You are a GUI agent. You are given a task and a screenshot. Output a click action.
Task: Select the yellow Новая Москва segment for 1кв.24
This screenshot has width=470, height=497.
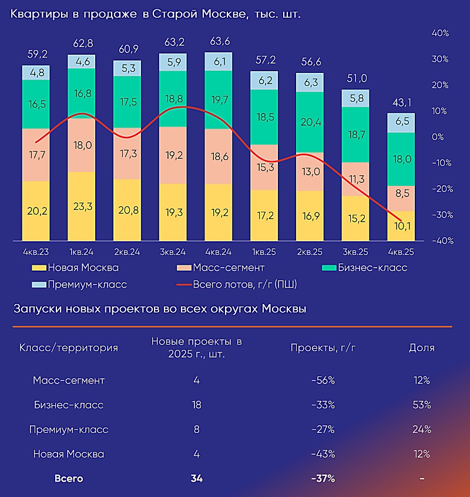pos(81,206)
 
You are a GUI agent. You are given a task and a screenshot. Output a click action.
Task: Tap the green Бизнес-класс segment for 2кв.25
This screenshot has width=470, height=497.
pos(310,122)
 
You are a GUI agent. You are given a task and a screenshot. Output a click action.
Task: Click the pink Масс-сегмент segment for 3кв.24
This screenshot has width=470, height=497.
pos(173,155)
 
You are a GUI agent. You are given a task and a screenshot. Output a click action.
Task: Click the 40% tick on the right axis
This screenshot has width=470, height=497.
pos(440,34)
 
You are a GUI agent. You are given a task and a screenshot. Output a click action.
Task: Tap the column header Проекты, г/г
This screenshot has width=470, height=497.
pos(323,348)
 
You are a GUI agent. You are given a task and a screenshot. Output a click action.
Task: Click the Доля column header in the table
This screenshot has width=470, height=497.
pos(422,348)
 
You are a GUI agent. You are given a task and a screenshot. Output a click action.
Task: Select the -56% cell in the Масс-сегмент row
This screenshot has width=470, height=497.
pos(323,381)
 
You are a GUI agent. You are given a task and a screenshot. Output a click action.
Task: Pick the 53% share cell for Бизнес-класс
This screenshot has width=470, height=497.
pos(422,405)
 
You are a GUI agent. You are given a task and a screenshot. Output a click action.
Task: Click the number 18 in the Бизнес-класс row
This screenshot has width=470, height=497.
pos(196,405)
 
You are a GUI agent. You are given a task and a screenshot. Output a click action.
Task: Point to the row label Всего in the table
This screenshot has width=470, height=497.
pos(69,479)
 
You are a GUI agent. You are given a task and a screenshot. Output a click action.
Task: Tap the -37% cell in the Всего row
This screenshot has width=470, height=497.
pos(323,479)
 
